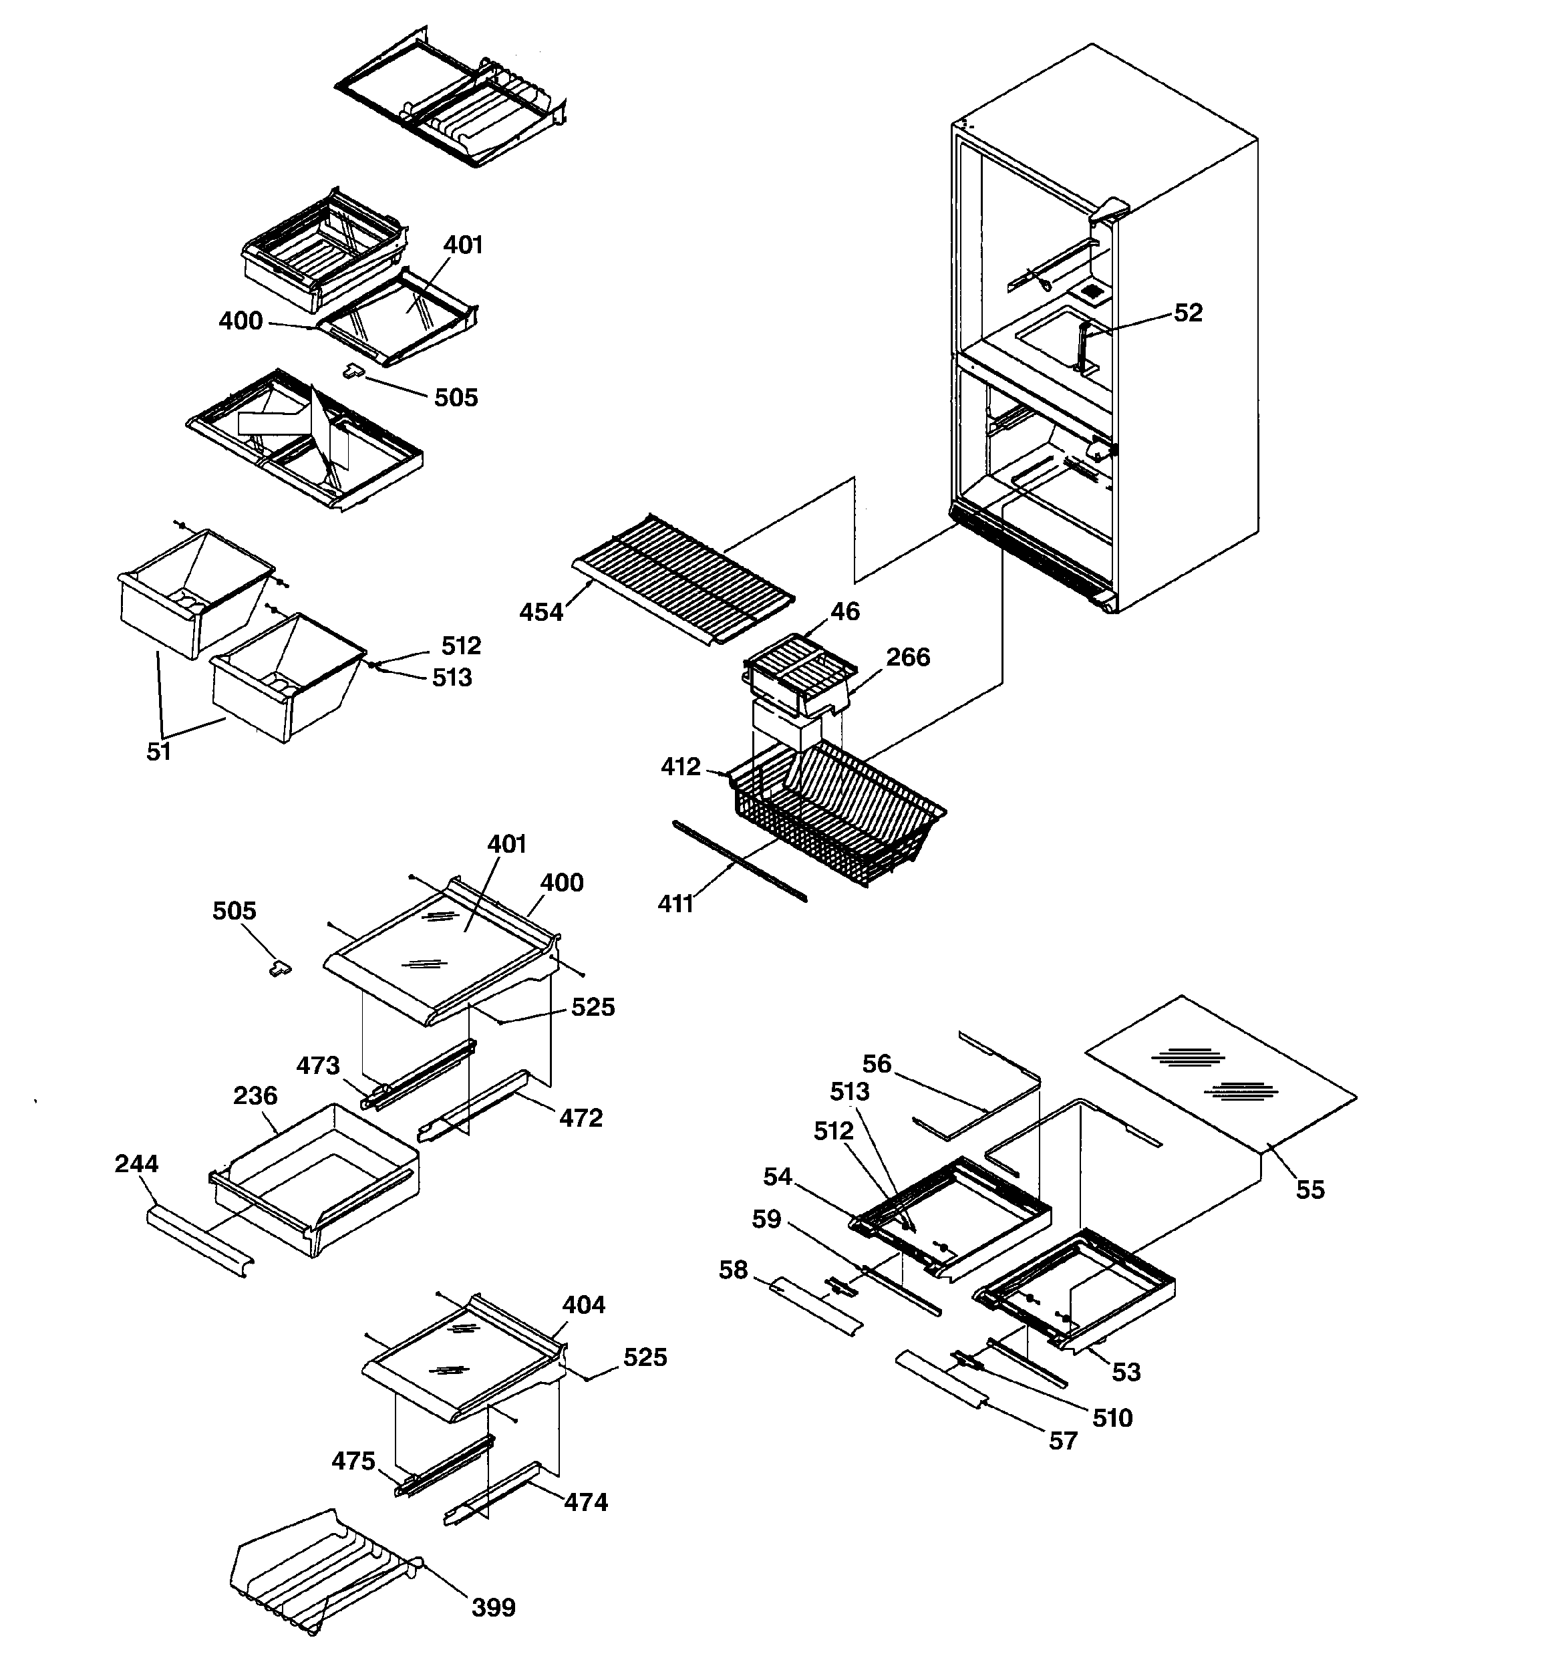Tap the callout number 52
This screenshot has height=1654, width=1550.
[x=1188, y=313]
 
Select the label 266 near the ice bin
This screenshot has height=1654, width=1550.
[x=908, y=658]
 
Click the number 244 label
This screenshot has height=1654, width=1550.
[x=136, y=1164]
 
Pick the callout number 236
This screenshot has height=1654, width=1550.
[x=255, y=1096]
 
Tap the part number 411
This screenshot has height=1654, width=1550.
[x=675, y=904]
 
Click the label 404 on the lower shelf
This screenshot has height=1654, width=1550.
[x=583, y=1304]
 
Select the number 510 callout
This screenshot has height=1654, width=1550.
[x=1112, y=1417]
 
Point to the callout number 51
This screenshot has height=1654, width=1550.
[x=158, y=752]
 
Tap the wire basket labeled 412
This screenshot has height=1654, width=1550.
[x=832, y=815]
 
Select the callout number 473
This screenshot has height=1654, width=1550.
[x=318, y=1066]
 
